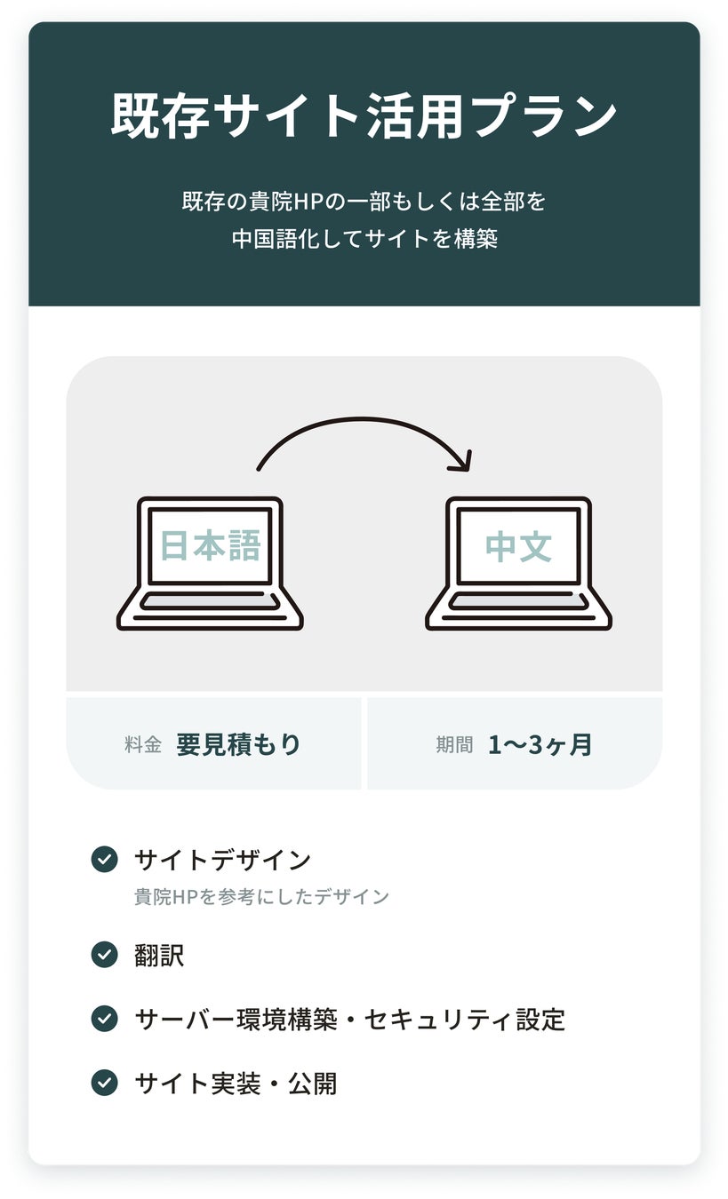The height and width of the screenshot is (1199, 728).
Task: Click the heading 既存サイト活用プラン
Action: (364, 115)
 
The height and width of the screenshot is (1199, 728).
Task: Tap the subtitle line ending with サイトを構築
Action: (364, 239)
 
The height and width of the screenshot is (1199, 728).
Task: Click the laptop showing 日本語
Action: (210, 563)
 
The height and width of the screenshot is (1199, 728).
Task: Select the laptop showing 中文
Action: (518, 563)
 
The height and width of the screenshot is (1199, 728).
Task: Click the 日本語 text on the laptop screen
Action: (210, 545)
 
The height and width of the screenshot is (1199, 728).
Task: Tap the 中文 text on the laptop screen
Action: (518, 546)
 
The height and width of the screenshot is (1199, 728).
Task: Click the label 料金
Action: (143, 744)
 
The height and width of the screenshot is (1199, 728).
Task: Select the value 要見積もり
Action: (238, 744)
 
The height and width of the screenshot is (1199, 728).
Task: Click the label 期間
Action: (454, 744)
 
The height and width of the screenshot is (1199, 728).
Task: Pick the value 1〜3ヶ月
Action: (540, 744)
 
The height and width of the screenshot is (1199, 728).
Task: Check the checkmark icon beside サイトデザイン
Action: (105, 860)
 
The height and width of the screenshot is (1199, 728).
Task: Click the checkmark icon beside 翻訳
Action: (105, 955)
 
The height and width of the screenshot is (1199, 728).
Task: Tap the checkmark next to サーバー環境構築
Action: (105, 1019)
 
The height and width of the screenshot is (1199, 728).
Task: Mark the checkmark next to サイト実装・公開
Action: (105, 1083)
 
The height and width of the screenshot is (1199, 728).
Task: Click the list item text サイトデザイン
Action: (222, 860)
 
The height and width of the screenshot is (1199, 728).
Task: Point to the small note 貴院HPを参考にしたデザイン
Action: (261, 896)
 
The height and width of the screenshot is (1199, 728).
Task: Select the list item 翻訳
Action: (159, 956)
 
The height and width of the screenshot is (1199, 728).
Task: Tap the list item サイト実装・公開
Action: (236, 1084)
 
